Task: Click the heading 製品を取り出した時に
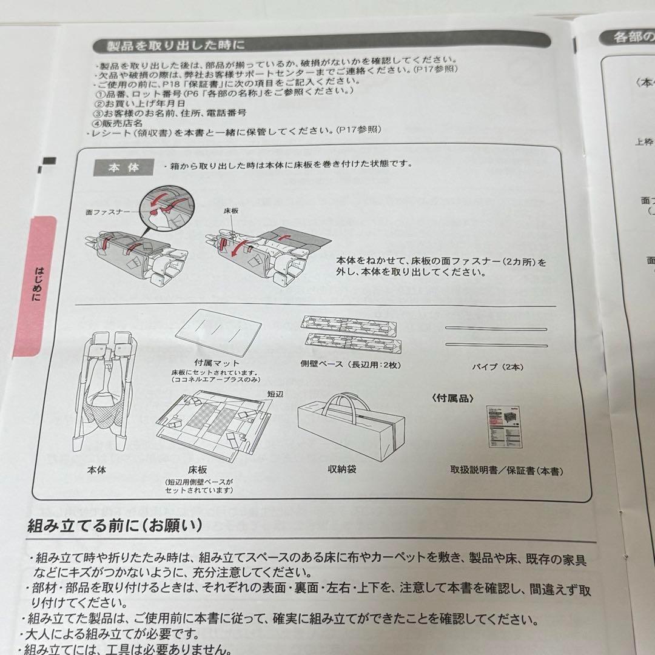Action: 176,45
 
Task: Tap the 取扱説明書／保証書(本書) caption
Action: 510,470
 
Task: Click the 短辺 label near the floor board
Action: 276,393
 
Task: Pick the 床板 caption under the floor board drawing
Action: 198,469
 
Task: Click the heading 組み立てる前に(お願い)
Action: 115,525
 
